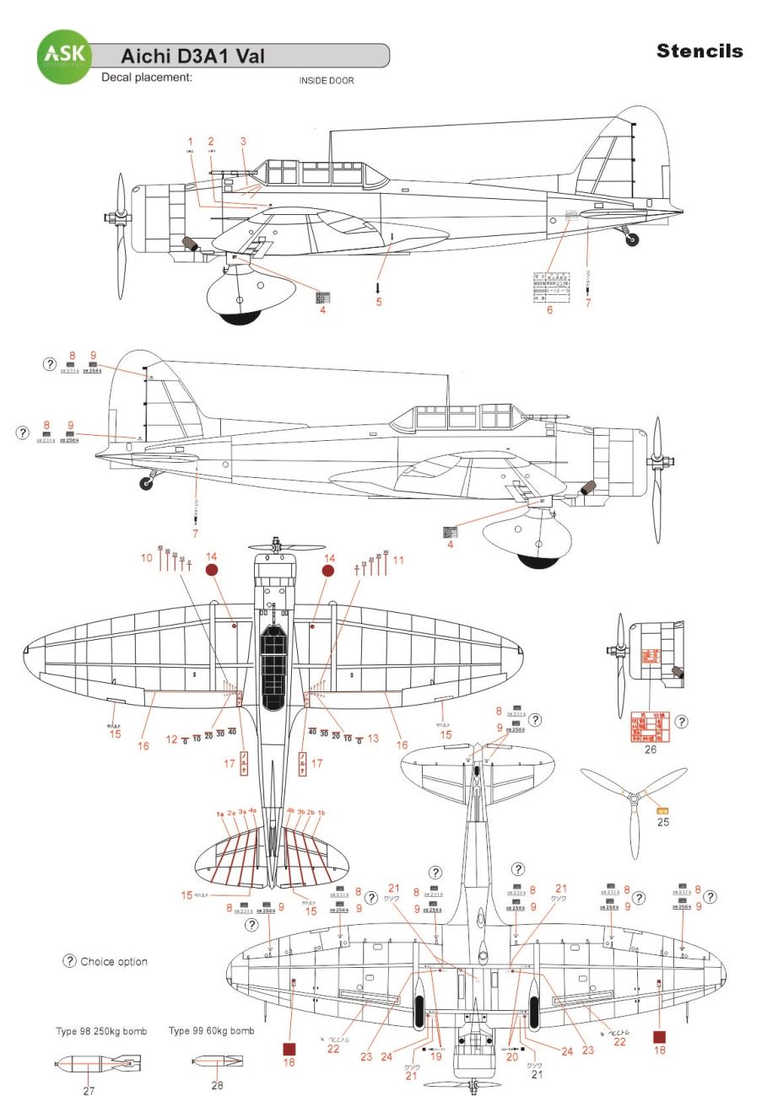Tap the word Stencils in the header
coord(700,51)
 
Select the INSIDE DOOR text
coord(326,81)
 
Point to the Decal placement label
coord(147,78)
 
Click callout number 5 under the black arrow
coord(379,302)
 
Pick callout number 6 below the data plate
coord(549,310)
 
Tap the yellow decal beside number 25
coord(663,810)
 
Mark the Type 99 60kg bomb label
coord(211,1030)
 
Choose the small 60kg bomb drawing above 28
coord(218,1061)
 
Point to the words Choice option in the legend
coord(114,962)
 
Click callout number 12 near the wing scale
coord(171,739)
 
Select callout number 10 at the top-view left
coord(146,557)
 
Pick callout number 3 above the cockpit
coord(243,142)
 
